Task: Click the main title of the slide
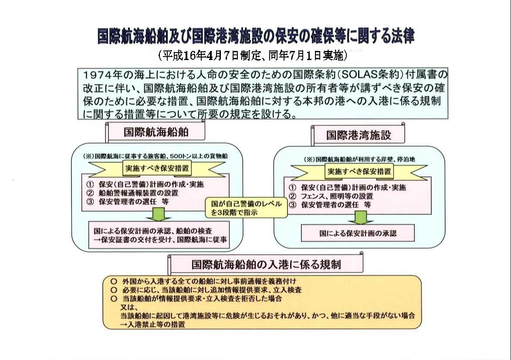[x=256, y=36]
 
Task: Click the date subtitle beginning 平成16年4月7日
[x=253, y=56]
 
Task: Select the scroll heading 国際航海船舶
[x=156, y=132]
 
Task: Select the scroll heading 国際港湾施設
[x=359, y=135]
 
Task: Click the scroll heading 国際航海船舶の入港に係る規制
[x=266, y=264]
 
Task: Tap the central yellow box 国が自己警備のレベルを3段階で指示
[x=247, y=208]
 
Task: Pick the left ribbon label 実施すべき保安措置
[x=157, y=168]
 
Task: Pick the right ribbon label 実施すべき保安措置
[x=359, y=172]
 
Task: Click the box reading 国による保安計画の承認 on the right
[x=358, y=233]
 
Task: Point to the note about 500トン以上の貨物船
[x=156, y=156]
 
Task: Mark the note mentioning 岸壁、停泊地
[x=359, y=159]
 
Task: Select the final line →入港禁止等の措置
[x=152, y=324]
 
